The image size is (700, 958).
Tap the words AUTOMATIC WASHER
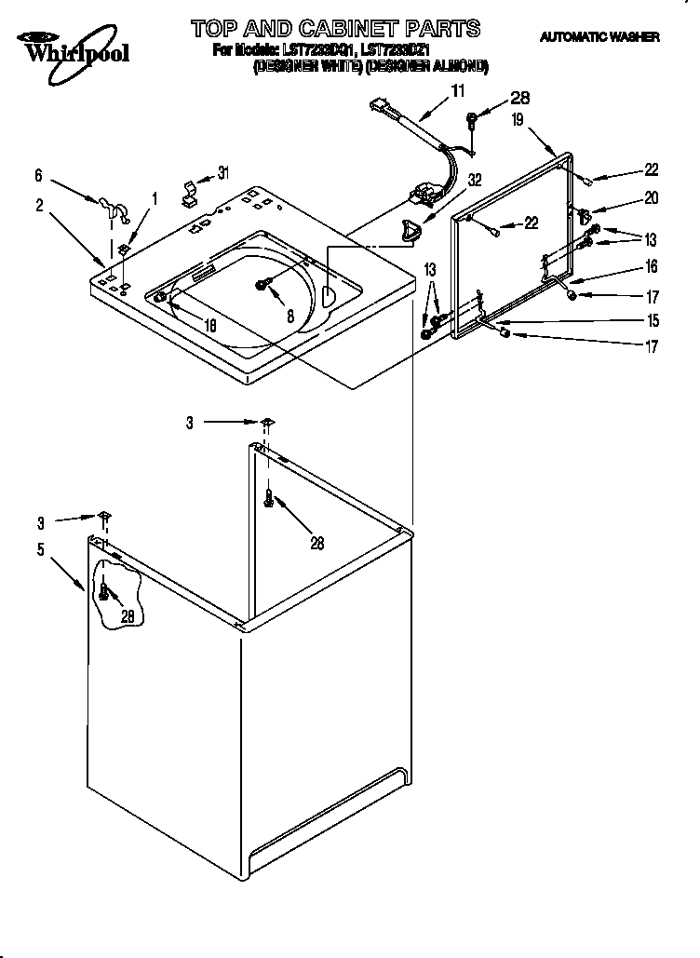click(x=599, y=37)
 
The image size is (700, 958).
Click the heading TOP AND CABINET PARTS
click(x=335, y=28)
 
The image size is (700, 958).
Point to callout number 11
click(x=457, y=90)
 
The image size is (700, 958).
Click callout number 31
click(x=222, y=172)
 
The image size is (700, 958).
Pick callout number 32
click(x=475, y=180)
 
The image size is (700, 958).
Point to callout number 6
click(x=39, y=174)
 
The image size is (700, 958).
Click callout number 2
click(x=39, y=207)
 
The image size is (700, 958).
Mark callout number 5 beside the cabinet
click(x=40, y=549)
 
